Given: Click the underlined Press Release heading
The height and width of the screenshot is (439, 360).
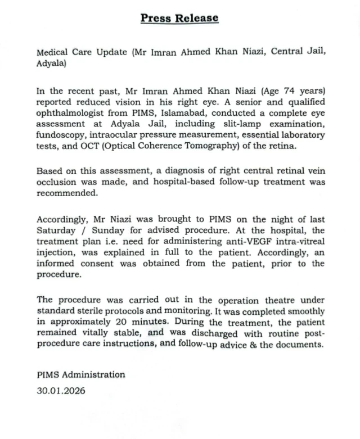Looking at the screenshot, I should pos(179,17).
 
